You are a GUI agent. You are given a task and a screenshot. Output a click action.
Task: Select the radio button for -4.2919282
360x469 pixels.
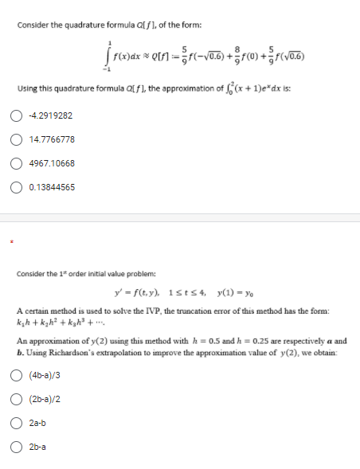[16, 116]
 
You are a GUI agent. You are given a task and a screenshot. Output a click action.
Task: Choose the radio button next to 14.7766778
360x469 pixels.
[16, 140]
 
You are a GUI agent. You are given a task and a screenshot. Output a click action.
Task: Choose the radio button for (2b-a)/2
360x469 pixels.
[16, 400]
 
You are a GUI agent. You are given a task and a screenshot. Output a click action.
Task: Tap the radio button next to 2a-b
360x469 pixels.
[16, 424]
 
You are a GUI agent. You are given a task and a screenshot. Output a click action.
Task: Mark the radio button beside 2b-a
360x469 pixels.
[16, 448]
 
